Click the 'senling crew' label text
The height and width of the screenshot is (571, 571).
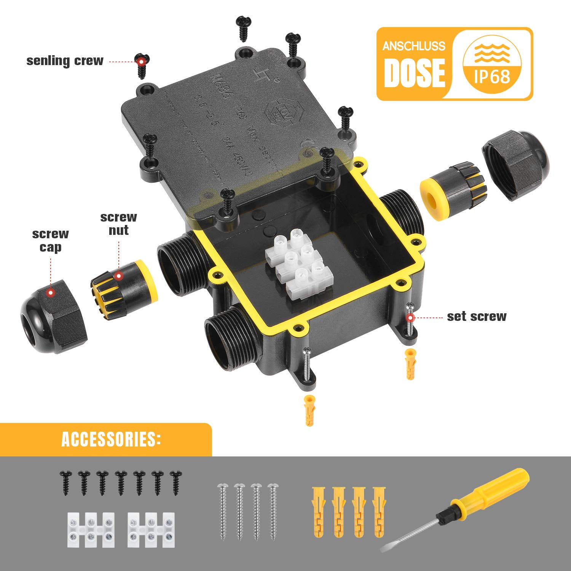click(x=65, y=61)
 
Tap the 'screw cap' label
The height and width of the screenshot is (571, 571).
click(x=50, y=241)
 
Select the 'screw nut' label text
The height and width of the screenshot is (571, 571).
click(x=118, y=223)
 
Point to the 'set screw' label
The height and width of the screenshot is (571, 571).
click(x=477, y=316)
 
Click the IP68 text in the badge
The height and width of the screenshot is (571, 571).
click(x=492, y=77)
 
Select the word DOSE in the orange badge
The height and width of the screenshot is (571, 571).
click(x=414, y=72)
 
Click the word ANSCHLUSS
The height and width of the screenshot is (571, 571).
click(x=414, y=46)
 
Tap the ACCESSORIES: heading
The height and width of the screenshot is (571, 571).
click(x=111, y=439)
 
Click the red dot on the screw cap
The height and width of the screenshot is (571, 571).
click(x=50, y=293)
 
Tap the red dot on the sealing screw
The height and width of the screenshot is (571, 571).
click(x=141, y=61)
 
